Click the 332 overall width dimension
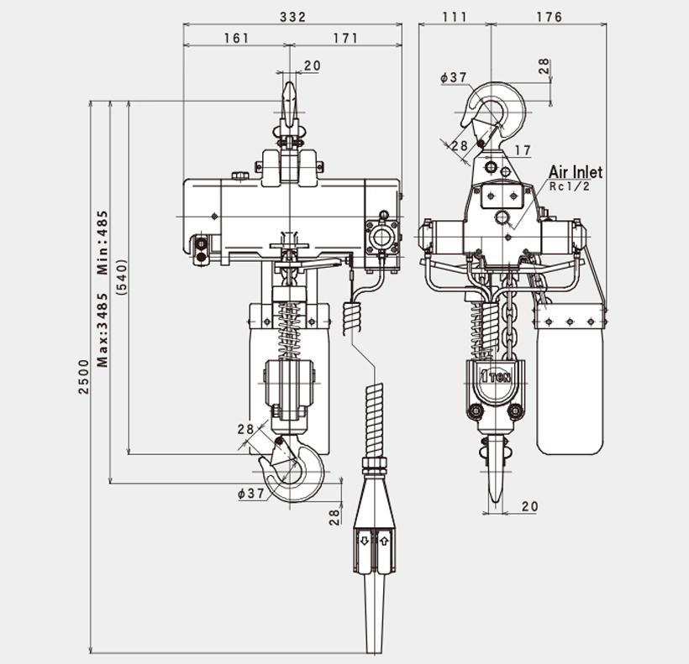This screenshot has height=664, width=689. (292, 17)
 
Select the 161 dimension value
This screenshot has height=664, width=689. (237, 38)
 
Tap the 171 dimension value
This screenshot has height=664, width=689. (346, 38)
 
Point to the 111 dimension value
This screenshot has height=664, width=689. (455, 17)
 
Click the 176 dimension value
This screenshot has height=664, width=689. (550, 17)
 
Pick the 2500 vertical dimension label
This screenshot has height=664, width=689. (83, 377)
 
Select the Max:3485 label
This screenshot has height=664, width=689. (103, 330)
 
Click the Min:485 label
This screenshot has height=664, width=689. (103, 243)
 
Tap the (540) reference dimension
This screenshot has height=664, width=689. (121, 277)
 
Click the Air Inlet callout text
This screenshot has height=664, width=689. (576, 172)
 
